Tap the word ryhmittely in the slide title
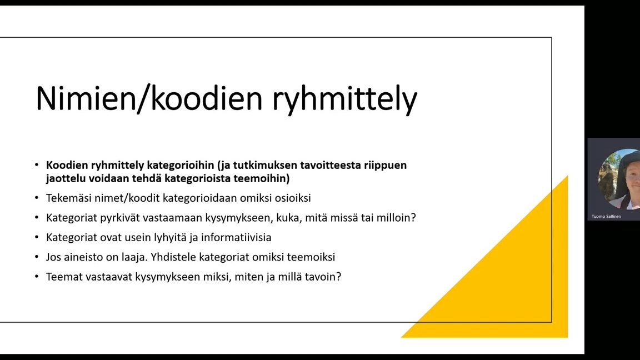[345, 99]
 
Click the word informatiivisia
[236, 237]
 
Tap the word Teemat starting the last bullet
[63, 277]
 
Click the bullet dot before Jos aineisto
[37, 257]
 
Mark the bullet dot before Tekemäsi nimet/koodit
[37, 198]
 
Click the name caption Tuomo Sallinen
[606, 216]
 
